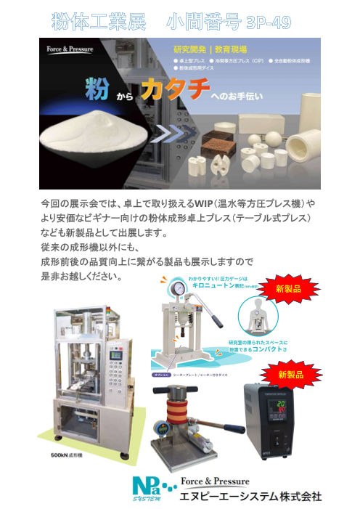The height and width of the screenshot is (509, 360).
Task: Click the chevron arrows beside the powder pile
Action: [171, 134]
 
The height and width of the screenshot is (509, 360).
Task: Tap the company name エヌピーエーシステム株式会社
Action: [250, 497]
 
